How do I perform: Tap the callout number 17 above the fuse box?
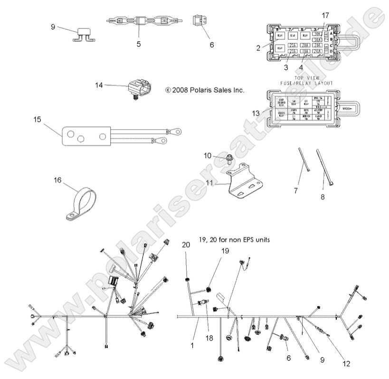tap(325, 15)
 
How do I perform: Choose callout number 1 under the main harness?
tap(192, 346)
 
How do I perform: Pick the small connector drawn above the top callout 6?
tap(199, 21)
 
